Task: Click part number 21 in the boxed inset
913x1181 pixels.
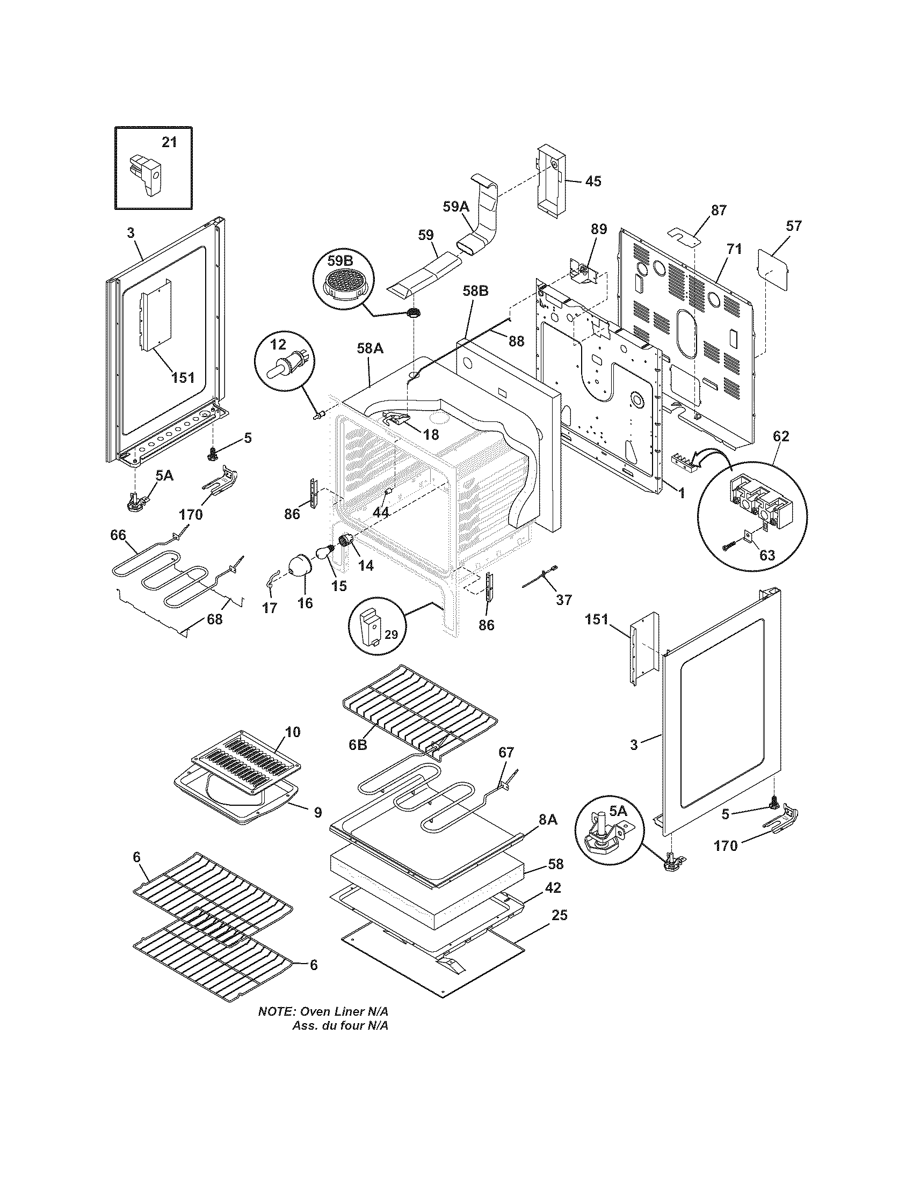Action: (x=169, y=142)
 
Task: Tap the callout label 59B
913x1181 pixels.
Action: (x=339, y=261)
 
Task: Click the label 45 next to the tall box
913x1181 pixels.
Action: (x=593, y=181)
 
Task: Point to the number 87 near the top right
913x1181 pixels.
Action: (x=718, y=210)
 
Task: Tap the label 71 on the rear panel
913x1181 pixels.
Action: (x=734, y=249)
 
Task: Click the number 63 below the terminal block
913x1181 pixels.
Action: (x=767, y=555)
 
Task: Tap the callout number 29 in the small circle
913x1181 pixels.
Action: (x=390, y=635)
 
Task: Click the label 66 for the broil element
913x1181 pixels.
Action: (x=118, y=535)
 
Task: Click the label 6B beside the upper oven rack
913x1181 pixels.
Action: (x=358, y=744)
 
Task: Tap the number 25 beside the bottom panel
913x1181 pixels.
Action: (x=560, y=915)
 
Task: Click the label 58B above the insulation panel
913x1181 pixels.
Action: (x=475, y=291)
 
